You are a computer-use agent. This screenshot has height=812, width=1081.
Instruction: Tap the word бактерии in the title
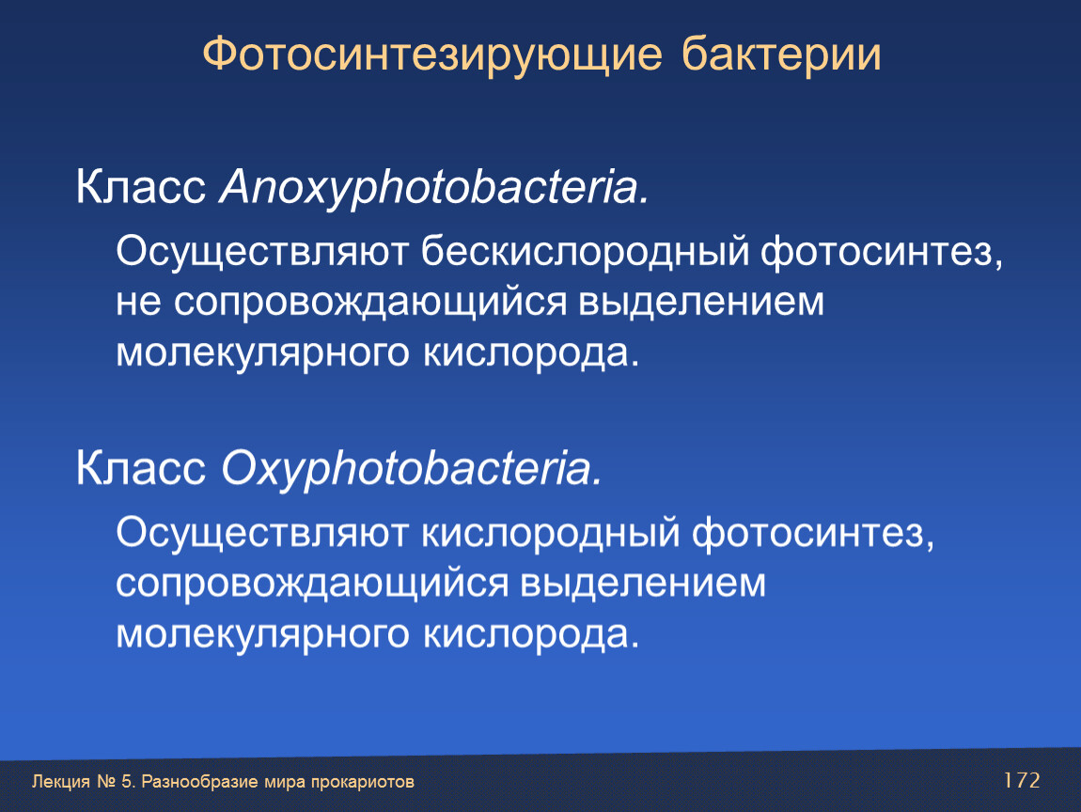coord(781,54)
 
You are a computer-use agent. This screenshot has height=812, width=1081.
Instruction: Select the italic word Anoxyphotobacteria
coord(434,188)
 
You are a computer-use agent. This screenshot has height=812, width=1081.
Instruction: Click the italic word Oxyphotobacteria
coord(412,469)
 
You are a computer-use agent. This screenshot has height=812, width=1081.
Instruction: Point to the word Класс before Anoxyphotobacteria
coord(141,187)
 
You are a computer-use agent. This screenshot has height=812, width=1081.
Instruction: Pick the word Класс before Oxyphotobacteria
coord(141,468)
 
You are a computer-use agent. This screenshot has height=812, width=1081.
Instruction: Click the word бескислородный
coord(585,251)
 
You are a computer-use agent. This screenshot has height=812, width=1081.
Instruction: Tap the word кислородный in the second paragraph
coord(550,533)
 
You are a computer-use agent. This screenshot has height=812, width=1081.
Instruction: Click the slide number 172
coord(1022,780)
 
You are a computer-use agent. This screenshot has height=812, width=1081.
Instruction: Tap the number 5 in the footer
coord(126,781)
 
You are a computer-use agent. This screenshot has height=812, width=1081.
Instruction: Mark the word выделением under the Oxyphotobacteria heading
coord(643,582)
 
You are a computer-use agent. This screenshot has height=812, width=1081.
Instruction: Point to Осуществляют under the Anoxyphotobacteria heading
coord(262,252)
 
